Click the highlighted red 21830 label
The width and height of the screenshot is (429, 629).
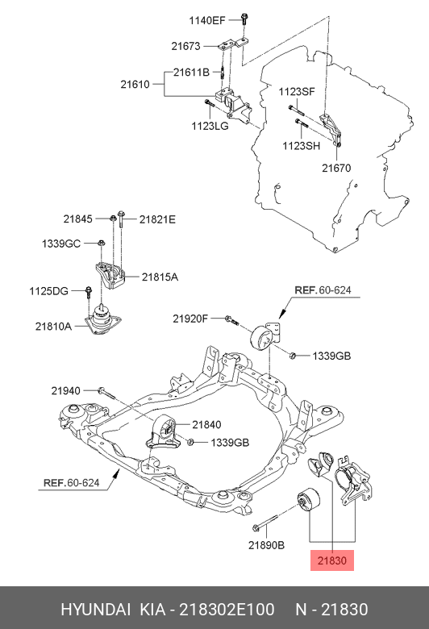tap(331, 560)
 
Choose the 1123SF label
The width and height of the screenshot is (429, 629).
tap(297, 91)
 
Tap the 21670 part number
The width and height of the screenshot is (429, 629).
tap(337, 168)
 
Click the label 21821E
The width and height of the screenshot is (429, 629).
tap(156, 219)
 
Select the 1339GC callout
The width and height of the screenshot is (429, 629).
tap(61, 243)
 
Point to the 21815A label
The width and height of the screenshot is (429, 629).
tap(160, 277)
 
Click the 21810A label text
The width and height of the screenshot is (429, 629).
tap(53, 326)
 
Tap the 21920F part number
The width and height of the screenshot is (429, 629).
tap(190, 319)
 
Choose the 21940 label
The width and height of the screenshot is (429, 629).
tap(66, 390)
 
